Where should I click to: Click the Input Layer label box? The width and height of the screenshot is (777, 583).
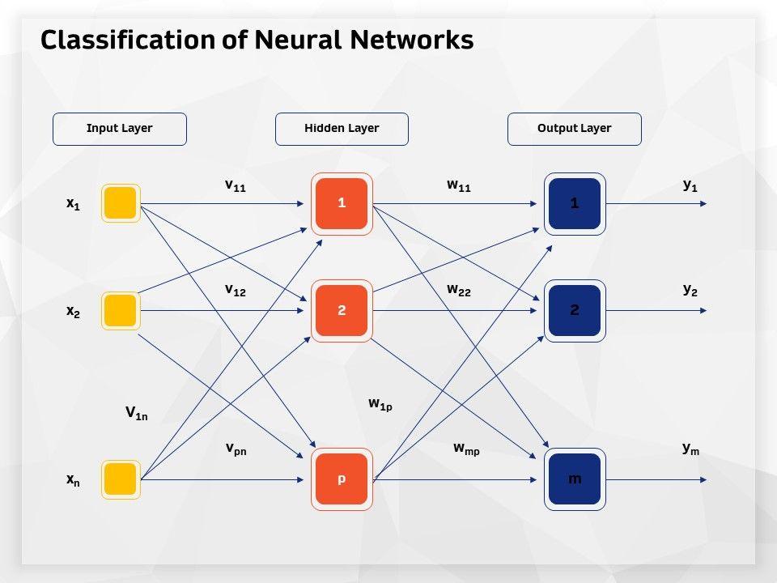tap(120, 129)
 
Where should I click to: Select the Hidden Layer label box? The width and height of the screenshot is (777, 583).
tap(342, 129)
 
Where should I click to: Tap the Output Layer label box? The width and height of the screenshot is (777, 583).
tap(575, 129)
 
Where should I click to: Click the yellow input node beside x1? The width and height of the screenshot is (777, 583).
tap(121, 203)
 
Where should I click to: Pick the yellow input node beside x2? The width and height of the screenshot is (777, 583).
tap(121, 310)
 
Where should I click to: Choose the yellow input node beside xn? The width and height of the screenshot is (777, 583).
tap(121, 479)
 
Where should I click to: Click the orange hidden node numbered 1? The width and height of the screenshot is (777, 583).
tap(342, 203)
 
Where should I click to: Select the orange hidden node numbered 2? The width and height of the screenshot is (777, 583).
tap(342, 310)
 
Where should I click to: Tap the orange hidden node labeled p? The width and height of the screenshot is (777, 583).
tap(342, 479)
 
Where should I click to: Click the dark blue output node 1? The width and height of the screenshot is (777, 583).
tap(575, 203)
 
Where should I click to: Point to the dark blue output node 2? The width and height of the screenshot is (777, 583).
tap(575, 310)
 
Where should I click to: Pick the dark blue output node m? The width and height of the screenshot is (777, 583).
tap(575, 479)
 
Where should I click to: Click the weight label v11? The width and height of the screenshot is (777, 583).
tap(235, 185)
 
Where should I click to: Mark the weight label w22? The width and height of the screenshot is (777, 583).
tap(458, 290)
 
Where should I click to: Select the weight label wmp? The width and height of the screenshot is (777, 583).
tap(466, 448)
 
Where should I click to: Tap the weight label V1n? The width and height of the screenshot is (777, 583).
tap(136, 414)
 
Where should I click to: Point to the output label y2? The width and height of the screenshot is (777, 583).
tap(690, 289)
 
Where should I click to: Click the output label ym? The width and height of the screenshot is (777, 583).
tap(690, 449)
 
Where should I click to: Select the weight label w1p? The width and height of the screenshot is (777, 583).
tap(380, 403)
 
